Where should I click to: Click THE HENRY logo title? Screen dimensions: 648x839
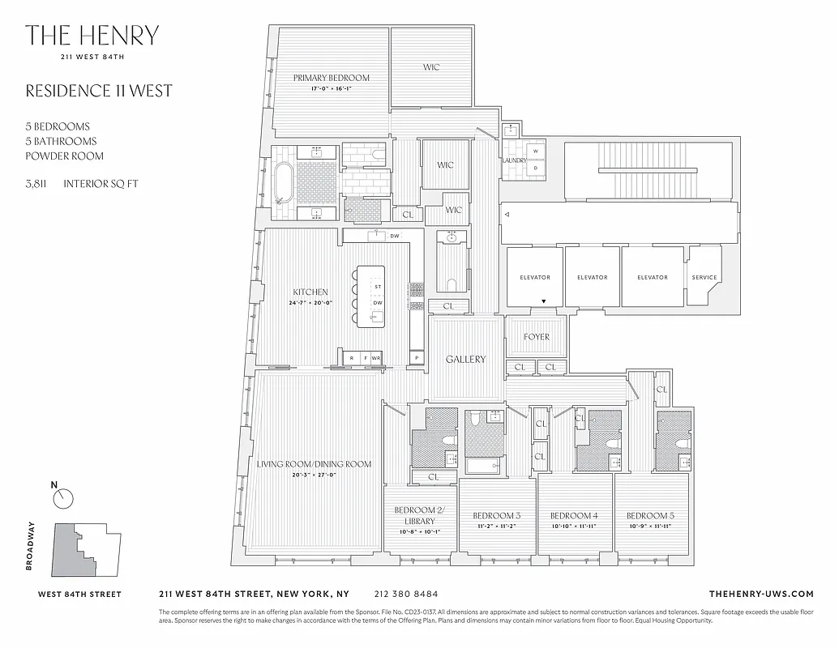point(92,36)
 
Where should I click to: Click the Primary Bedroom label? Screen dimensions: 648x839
point(331,78)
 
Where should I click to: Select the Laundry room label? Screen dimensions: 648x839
point(515,160)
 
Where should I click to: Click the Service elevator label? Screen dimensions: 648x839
point(704,277)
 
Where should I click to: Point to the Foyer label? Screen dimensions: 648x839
point(536,336)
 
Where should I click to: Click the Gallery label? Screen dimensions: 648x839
point(465,359)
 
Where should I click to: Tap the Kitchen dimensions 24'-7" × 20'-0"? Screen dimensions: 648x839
point(310,303)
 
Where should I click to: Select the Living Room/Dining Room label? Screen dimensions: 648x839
point(314,464)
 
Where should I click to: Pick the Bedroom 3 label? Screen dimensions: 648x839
point(496,516)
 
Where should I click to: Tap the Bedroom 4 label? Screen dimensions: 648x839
point(574,516)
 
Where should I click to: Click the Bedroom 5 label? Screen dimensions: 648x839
point(649,516)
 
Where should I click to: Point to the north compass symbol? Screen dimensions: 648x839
point(63,498)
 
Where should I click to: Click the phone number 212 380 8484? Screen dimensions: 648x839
point(408,594)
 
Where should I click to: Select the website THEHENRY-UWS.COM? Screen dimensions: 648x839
point(760,594)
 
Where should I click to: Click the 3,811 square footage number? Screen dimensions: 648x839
point(36,184)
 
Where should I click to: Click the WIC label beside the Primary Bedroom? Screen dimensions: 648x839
point(431,67)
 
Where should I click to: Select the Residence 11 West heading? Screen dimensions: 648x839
point(99,91)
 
